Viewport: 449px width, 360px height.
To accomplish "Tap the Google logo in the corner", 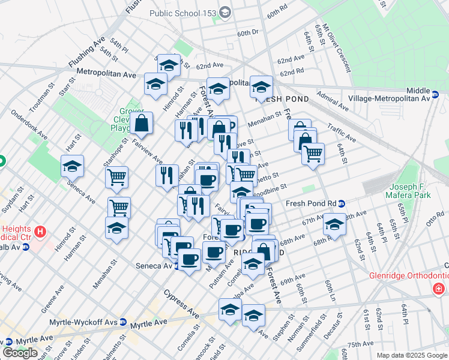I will click(x=20, y=352).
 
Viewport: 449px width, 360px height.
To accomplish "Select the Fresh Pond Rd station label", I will click(x=311, y=203).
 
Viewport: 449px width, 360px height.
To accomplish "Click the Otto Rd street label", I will click(x=435, y=219).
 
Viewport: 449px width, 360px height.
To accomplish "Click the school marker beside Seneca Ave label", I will click(x=72, y=166).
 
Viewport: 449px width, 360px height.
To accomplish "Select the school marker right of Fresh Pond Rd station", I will click(x=334, y=225).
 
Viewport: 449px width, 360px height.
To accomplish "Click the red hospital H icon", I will click(x=40, y=231).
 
